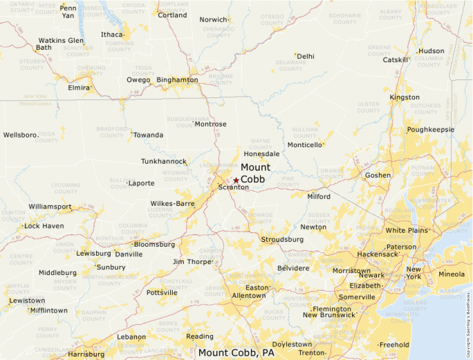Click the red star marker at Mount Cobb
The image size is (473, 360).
point(236,180)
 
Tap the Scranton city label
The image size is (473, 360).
point(234,187)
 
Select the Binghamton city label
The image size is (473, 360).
point(177,80)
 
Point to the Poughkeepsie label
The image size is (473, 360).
point(430,129)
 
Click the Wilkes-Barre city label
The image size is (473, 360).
point(172,204)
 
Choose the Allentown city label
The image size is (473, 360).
point(248,296)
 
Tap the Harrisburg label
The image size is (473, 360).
point(86,354)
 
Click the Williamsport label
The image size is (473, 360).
point(50,207)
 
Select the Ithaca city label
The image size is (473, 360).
point(111,35)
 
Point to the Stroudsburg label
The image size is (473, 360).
point(282,239)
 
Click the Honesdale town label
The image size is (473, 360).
point(261,153)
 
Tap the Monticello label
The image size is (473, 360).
point(304,145)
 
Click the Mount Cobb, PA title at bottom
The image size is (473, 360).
point(236,353)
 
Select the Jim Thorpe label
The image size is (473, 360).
point(191,262)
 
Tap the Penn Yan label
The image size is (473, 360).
point(68,12)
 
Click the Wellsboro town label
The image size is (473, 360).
point(20,135)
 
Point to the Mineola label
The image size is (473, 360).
point(452,274)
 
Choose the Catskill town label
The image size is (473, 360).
point(396,60)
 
